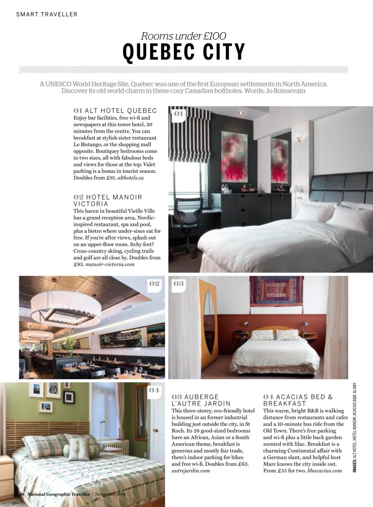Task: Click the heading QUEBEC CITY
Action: point(184,52)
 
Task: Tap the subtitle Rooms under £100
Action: point(184,36)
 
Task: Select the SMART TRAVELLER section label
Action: point(47,14)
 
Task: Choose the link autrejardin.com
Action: point(191,471)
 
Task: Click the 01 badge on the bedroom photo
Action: point(178,114)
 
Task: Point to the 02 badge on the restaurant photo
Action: point(154,284)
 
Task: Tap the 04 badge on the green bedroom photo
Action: point(155,390)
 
